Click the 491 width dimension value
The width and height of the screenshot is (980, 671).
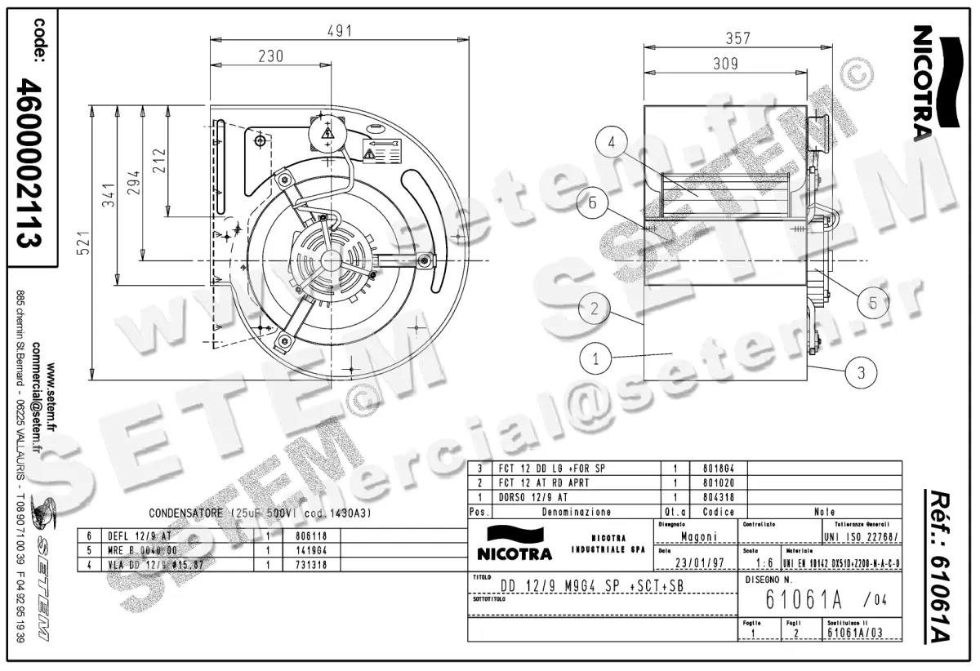(340, 31)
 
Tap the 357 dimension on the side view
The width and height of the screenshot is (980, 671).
(738, 38)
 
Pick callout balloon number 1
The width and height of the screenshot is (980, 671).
(596, 357)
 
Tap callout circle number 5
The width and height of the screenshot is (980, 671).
(873, 302)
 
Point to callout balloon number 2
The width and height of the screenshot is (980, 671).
(595, 308)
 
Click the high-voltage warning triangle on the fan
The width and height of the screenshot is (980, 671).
(327, 132)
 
